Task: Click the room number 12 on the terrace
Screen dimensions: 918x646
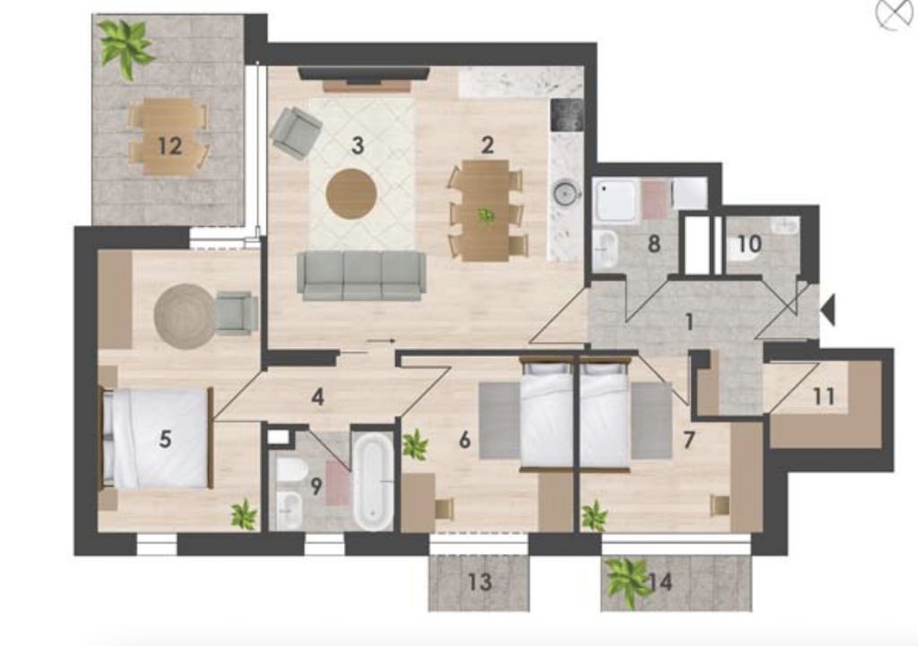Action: (169, 146)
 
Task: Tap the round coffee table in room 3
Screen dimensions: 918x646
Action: (351, 194)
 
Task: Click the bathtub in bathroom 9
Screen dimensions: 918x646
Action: (373, 481)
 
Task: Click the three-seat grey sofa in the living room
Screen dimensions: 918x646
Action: (361, 275)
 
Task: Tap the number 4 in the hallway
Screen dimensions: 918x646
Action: (317, 397)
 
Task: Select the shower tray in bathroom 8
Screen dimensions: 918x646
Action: (615, 200)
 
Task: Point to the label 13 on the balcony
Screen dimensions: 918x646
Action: (480, 581)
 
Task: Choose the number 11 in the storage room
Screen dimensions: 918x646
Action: (824, 397)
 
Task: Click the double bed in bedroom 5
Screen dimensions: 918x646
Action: (158, 437)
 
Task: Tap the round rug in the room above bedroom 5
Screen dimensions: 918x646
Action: (185, 317)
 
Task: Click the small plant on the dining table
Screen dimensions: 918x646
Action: (485, 215)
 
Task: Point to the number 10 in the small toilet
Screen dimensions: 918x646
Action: (749, 244)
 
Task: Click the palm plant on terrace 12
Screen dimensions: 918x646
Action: (124, 47)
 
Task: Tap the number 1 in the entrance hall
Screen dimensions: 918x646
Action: (689, 321)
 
